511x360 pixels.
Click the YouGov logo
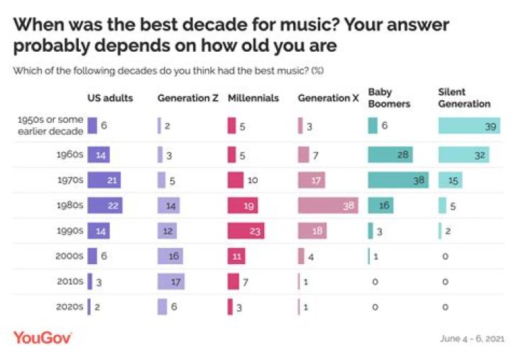tap(43, 337)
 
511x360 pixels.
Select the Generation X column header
tap(328, 98)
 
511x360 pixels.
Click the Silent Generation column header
tap(464, 98)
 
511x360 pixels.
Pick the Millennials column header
tap(253, 98)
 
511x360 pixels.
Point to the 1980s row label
tap(70, 206)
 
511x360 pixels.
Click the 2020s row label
tap(70, 307)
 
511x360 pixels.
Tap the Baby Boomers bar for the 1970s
tap(397, 180)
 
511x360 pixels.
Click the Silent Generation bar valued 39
tap(470, 126)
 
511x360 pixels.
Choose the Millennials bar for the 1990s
tap(246, 231)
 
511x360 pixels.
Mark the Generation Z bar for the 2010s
tap(171, 282)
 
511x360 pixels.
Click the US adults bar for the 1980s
tap(105, 206)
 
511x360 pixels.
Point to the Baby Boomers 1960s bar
tap(390, 154)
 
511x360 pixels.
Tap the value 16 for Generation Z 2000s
tap(172, 256)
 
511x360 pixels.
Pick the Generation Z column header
tap(187, 98)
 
